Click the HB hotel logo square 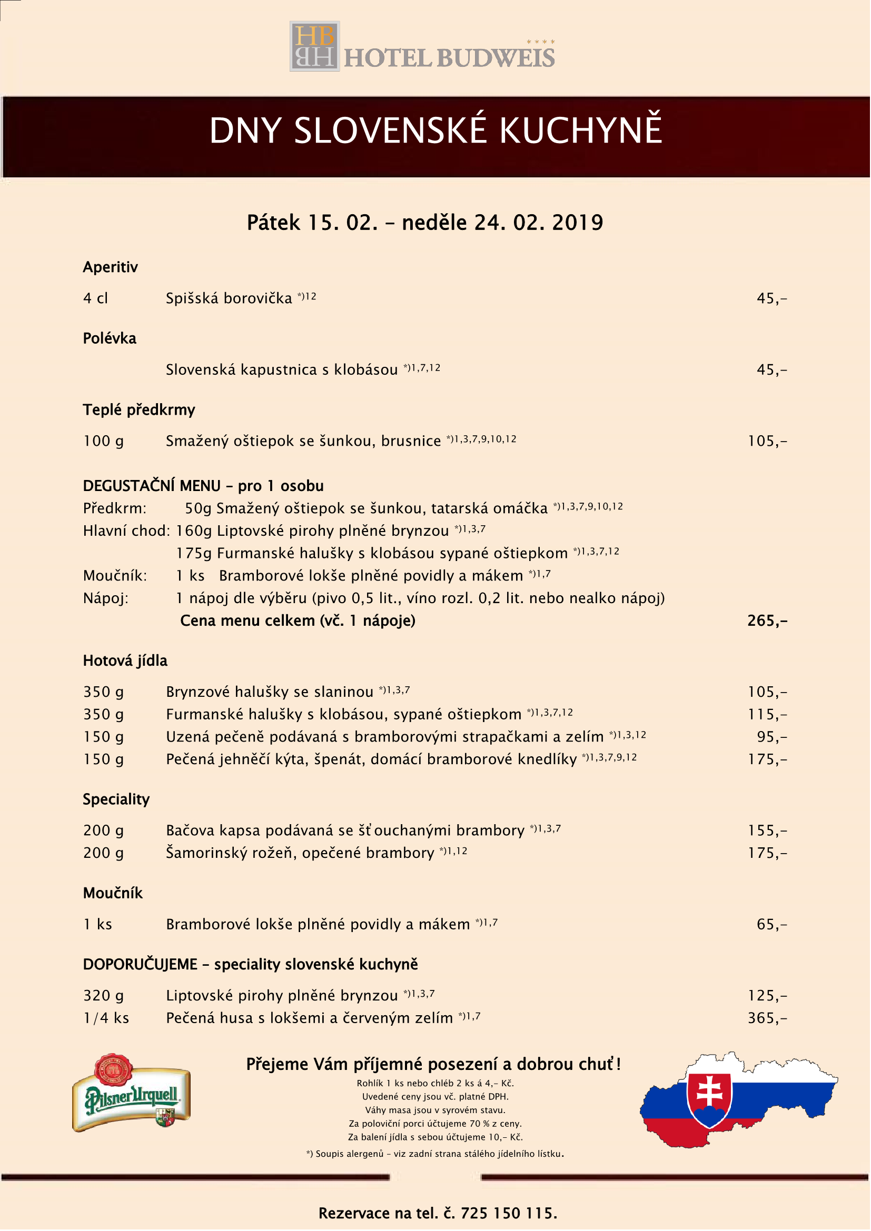point(315,46)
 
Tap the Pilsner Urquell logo point(132,1094)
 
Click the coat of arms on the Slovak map point(709,1098)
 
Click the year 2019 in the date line point(578,223)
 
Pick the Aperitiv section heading point(111,267)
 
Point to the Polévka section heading point(110,338)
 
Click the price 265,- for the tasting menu point(767,621)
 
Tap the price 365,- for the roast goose point(767,1018)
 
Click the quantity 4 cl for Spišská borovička point(95,298)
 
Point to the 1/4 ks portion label point(106,1018)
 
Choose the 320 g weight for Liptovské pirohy point(104,996)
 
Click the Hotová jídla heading point(125,660)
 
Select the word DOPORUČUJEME point(140,965)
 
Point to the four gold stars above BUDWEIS point(541,41)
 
